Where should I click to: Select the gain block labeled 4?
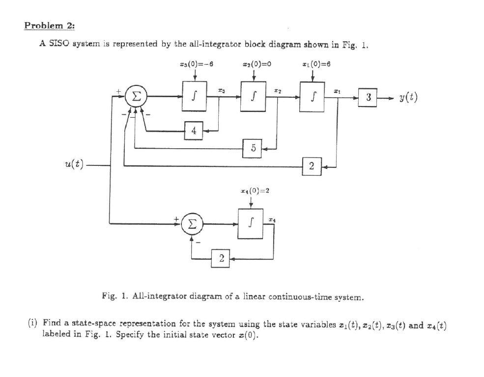[194, 131]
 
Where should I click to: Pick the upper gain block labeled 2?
[311, 167]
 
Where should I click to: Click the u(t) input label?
[72, 166]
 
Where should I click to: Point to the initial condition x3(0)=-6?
[196, 64]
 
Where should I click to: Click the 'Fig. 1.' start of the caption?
[111, 297]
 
